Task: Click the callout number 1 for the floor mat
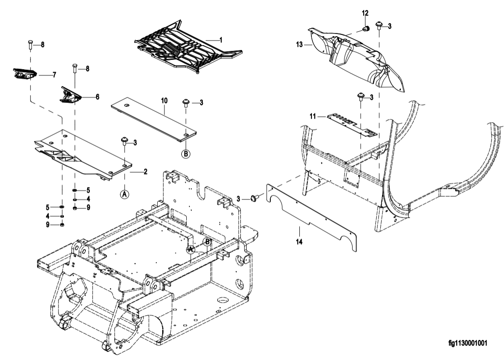221,40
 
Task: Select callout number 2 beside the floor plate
146,172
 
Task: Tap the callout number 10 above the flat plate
164,101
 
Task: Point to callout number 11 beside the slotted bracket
313,116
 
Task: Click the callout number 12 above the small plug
365,13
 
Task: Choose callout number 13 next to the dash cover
299,44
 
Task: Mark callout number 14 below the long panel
299,241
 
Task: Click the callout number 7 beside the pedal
55,75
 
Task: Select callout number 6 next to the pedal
97,97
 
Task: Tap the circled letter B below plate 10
186,154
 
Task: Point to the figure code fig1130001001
468,343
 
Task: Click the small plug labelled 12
365,29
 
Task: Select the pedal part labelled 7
25,74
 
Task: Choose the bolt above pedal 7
30,45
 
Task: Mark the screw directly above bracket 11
361,97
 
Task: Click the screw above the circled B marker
186,103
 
